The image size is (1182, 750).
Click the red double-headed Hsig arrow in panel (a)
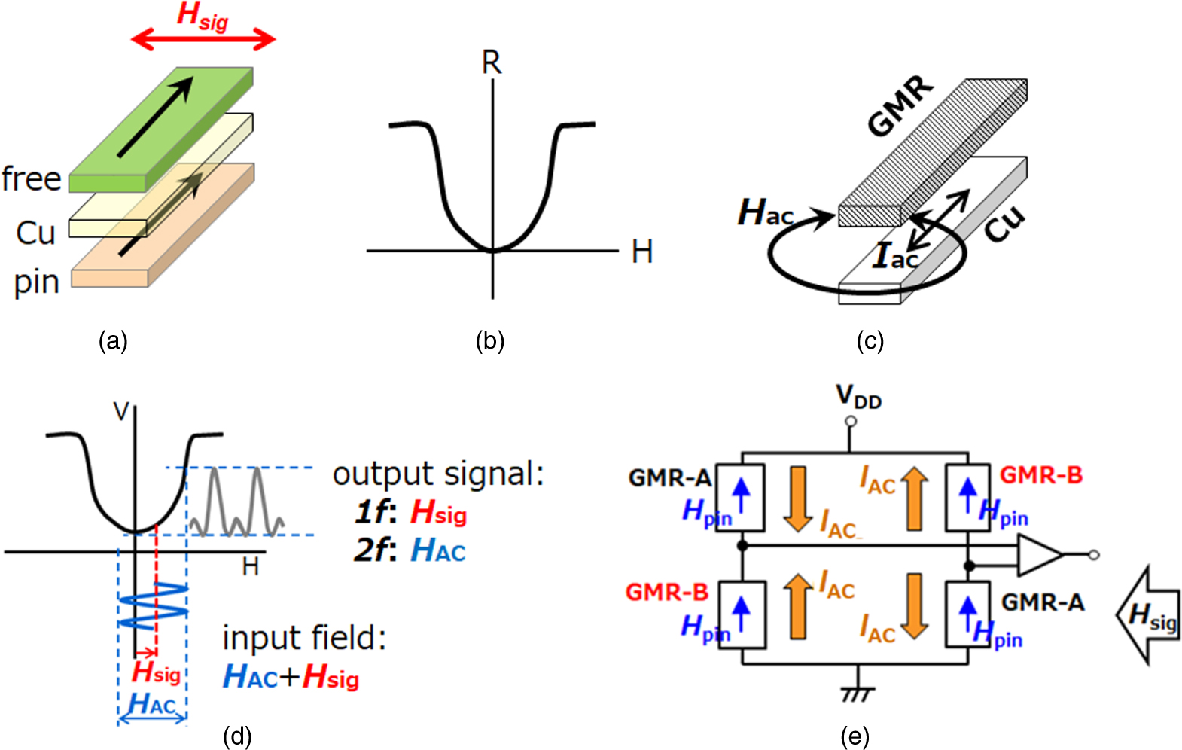click(x=203, y=40)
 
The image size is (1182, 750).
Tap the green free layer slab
click(x=162, y=128)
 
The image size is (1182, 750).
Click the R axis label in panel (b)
click(x=491, y=62)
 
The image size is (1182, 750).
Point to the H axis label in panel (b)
click(x=641, y=252)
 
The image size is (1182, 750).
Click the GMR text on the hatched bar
click(x=900, y=107)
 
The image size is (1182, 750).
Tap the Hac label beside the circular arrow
click(x=764, y=213)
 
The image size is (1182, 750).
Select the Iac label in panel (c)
click(x=894, y=256)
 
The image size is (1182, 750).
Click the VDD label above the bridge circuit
click(x=858, y=396)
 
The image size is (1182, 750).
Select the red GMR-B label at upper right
click(x=1040, y=475)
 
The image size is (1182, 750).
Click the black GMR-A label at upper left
click(x=669, y=477)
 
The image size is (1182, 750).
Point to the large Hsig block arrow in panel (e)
click(x=1148, y=615)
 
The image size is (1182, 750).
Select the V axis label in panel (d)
click(x=120, y=412)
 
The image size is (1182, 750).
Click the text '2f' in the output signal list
click(x=373, y=551)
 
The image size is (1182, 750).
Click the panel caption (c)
click(x=870, y=341)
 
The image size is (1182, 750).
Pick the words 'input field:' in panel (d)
click(x=304, y=639)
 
